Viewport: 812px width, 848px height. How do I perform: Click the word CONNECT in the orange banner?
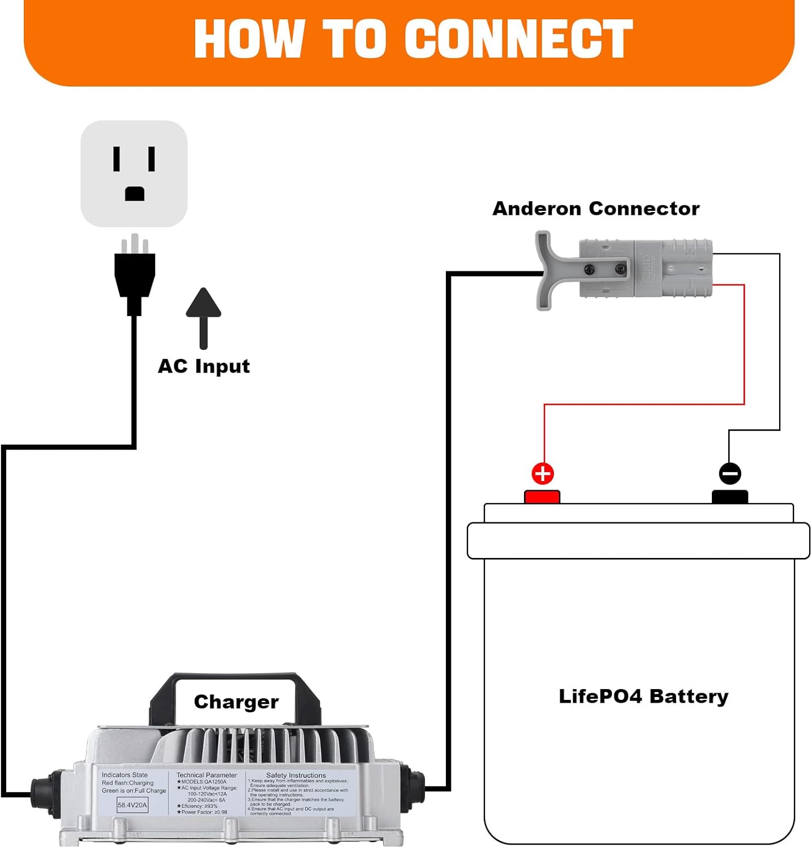click(518, 38)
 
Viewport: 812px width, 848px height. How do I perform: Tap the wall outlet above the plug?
click(134, 174)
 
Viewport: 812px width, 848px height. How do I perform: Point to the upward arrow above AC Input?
click(204, 317)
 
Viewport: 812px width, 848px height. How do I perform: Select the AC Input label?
click(204, 366)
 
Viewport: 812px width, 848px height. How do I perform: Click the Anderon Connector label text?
click(596, 209)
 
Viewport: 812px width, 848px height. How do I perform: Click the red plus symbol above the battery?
click(543, 474)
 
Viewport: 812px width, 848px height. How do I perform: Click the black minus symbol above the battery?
click(730, 474)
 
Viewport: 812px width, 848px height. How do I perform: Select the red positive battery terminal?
click(542, 497)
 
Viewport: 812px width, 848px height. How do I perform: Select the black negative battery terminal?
click(730, 497)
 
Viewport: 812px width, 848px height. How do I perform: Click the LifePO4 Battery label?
click(643, 696)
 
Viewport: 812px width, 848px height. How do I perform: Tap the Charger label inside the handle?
click(236, 702)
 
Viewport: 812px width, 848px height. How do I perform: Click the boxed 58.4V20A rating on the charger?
click(132, 805)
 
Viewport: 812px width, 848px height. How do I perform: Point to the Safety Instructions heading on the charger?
click(296, 775)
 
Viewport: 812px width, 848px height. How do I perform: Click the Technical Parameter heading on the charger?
click(207, 775)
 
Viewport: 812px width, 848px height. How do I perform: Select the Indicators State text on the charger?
click(124, 775)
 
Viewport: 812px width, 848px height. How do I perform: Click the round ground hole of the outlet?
click(135, 194)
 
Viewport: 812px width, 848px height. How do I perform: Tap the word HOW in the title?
click(249, 38)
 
